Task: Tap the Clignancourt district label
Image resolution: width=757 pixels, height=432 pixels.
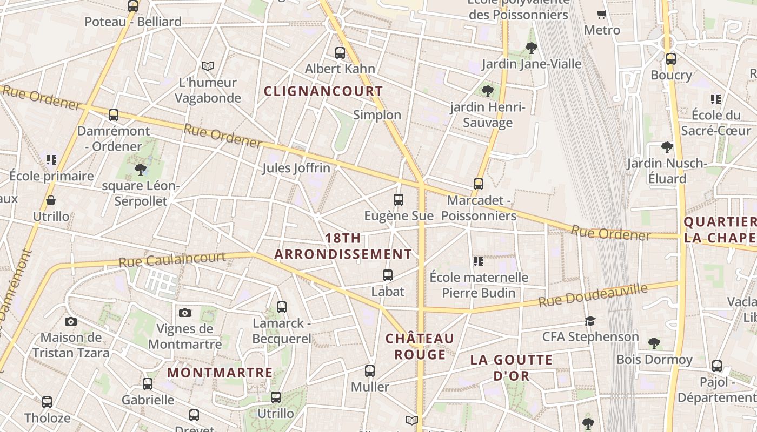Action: [x=323, y=91]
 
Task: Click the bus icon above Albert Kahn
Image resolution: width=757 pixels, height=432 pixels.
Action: [x=340, y=53]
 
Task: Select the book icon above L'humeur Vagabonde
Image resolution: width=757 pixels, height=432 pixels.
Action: [x=208, y=66]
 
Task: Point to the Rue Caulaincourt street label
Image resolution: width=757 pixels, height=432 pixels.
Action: [x=172, y=259]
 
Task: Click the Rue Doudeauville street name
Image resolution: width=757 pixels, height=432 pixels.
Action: [x=593, y=296]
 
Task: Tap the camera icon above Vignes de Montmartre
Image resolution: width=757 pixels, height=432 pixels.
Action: [x=185, y=313]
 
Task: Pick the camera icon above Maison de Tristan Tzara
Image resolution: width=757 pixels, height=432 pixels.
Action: [x=71, y=322]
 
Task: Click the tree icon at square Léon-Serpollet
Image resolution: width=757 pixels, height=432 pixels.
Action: [x=141, y=170]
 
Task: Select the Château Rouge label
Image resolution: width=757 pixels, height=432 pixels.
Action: [x=420, y=346]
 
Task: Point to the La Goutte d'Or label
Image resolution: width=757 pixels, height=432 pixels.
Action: [x=511, y=367]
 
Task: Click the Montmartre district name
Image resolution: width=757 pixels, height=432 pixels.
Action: [x=220, y=373]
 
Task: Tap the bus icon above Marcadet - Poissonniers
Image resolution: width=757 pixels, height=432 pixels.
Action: [x=479, y=184]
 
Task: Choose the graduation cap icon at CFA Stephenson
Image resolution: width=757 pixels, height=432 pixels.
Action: [x=590, y=321]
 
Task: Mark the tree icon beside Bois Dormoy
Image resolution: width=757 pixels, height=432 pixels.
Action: [x=654, y=343]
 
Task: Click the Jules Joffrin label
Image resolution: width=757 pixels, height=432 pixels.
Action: [x=296, y=168]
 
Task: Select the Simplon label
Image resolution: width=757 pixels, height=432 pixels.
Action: [x=377, y=114]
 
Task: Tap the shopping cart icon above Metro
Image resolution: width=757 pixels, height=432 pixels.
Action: [x=601, y=15]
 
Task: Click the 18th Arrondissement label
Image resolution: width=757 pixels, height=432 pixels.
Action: [x=343, y=246]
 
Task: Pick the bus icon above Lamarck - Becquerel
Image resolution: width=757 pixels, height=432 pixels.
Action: [x=282, y=307]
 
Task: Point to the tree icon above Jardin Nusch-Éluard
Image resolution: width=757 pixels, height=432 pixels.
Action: [x=667, y=147]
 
